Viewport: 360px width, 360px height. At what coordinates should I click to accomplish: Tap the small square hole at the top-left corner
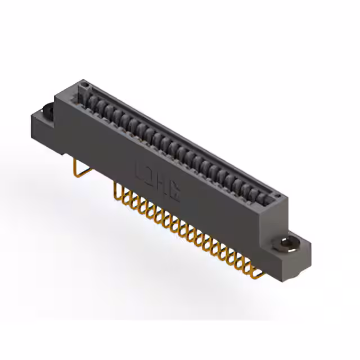click(84, 85)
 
